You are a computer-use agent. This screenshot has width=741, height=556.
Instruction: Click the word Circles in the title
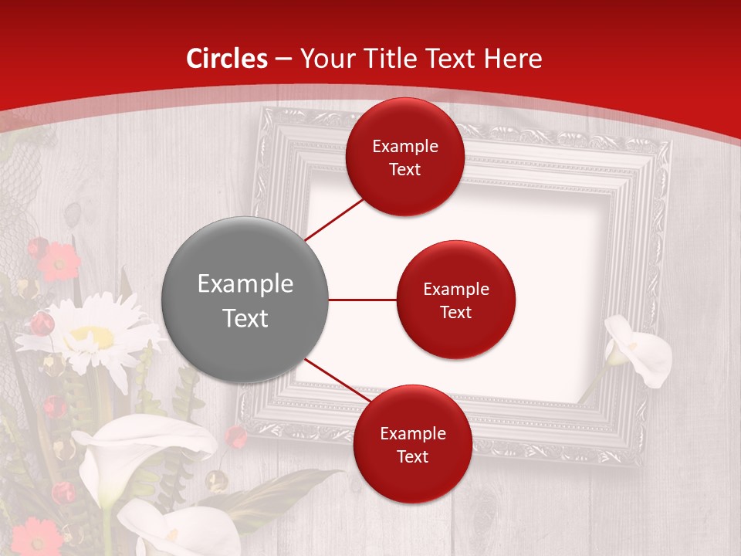coord(227,59)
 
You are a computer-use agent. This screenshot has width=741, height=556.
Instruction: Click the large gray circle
coord(245,300)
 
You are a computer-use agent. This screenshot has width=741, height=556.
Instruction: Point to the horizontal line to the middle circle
coord(362,300)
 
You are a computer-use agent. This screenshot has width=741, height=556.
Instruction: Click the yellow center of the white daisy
coord(93,337)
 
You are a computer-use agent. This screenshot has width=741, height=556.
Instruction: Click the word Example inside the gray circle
coord(245,284)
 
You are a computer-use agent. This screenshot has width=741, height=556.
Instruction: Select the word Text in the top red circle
coord(404,170)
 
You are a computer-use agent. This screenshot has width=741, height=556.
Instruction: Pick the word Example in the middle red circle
coord(456,290)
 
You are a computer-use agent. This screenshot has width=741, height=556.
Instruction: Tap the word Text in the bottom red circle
coord(412,457)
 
